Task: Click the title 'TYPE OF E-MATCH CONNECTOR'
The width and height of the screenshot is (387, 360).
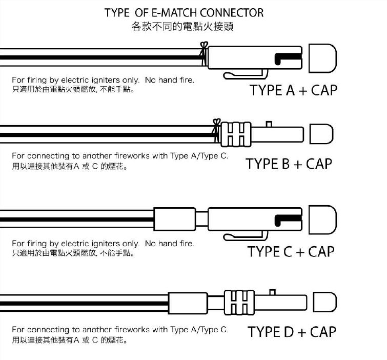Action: (184, 13)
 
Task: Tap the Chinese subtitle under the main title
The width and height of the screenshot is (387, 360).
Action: (182, 27)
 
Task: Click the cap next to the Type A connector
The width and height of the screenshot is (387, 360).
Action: (323, 58)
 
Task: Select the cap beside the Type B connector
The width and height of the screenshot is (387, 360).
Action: (321, 134)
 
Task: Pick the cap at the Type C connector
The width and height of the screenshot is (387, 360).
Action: (323, 220)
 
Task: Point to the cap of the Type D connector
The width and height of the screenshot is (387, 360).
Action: (325, 302)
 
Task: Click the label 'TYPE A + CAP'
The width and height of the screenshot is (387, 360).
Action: (293, 90)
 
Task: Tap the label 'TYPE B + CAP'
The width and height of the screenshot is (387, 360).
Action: (289, 164)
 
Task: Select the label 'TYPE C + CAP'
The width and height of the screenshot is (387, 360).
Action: (291, 252)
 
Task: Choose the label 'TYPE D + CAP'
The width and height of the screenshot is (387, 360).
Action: (292, 332)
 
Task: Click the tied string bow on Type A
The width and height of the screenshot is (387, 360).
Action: (204, 53)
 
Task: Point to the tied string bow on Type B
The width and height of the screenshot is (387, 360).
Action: (216, 130)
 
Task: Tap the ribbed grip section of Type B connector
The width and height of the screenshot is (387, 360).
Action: (236, 134)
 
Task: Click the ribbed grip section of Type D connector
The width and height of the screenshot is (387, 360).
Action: (239, 302)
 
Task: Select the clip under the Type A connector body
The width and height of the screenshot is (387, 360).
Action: (246, 74)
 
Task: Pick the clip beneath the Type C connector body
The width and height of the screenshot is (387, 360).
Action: (246, 236)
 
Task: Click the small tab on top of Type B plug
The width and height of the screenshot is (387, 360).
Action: (269, 124)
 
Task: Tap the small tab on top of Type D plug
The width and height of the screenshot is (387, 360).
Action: (272, 292)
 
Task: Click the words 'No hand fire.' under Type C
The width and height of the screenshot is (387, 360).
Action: (169, 244)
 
